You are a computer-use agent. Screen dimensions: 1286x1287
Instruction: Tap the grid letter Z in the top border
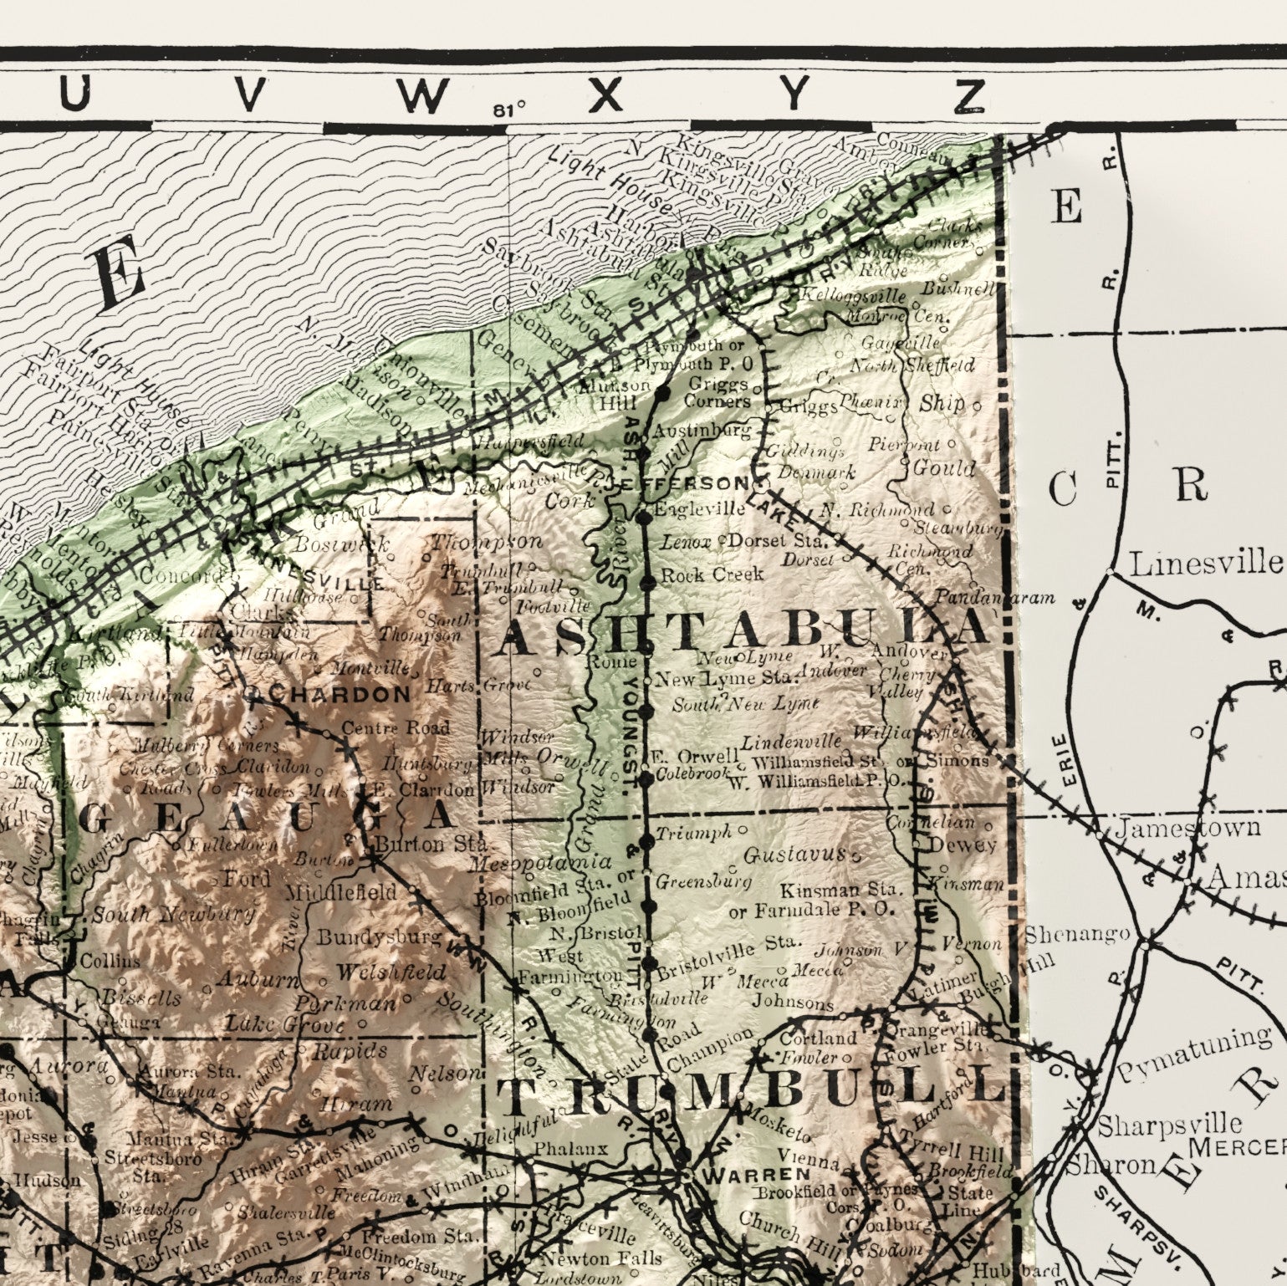pyautogui.click(x=971, y=96)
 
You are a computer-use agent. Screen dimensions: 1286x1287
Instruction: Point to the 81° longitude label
pyautogui.click(x=509, y=108)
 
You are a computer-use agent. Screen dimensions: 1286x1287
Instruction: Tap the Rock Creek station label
pyautogui.click(x=712, y=574)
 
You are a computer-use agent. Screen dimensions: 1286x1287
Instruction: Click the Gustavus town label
pyautogui.click(x=795, y=855)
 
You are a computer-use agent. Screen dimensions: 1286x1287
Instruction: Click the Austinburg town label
pyautogui.click(x=702, y=431)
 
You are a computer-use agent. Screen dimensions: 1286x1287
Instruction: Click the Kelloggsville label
pyautogui.click(x=854, y=296)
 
